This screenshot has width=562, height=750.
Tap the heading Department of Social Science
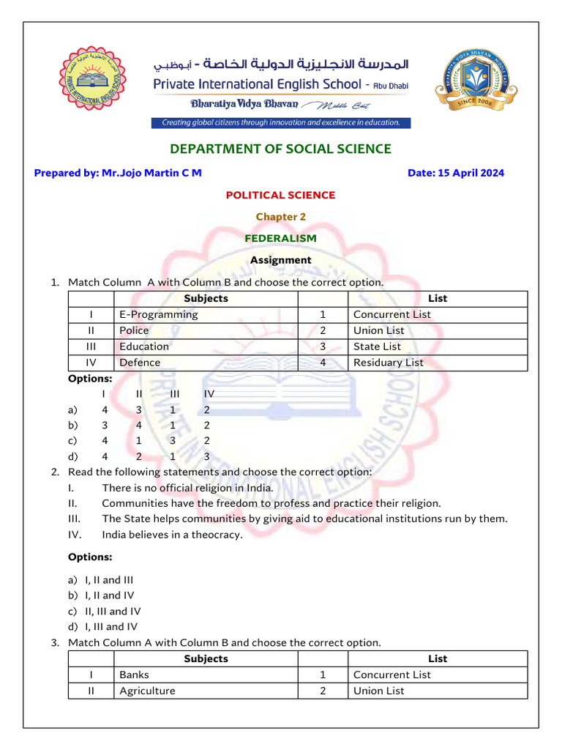[x=280, y=149]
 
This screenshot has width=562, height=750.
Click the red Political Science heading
[x=280, y=196]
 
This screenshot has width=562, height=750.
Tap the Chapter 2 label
[x=280, y=217]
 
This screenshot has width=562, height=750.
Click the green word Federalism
[x=280, y=238]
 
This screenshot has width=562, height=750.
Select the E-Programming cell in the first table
[x=159, y=315]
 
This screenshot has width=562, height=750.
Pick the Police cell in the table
[x=134, y=331]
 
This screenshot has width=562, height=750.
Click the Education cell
[x=144, y=347]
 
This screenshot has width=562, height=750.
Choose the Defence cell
[x=140, y=363]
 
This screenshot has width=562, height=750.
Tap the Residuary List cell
[x=388, y=363]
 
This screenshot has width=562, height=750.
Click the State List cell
[x=377, y=347]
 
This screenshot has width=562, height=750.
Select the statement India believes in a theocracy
[x=172, y=535]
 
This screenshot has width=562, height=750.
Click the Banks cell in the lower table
[x=135, y=675]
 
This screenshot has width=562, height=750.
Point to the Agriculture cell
[x=147, y=691]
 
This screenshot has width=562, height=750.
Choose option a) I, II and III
[x=109, y=580]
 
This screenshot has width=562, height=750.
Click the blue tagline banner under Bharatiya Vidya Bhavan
[x=281, y=123]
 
